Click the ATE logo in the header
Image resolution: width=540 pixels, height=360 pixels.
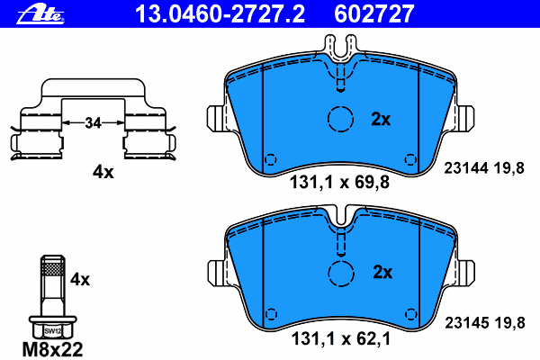[40, 14]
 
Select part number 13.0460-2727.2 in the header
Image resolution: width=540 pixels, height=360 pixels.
[220, 14]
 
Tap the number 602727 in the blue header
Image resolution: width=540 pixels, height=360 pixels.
[374, 14]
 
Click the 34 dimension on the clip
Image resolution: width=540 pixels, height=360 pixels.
[93, 122]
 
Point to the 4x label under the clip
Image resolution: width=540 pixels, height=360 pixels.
[103, 172]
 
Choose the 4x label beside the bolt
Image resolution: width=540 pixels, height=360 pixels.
[80, 279]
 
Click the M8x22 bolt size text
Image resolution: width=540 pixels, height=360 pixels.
[53, 349]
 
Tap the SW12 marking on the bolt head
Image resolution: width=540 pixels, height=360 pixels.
[53, 331]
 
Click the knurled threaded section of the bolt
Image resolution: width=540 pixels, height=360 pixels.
[53, 267]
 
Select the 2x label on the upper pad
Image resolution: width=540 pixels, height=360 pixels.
[381, 119]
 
